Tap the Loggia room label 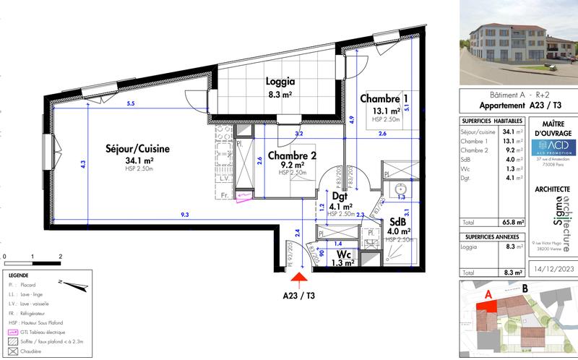click(x=280, y=82)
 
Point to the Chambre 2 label click(x=292, y=155)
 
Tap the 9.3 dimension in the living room click(x=185, y=215)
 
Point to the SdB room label click(x=397, y=221)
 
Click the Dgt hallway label click(x=341, y=195)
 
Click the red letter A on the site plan click(x=488, y=294)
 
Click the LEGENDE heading click(x=19, y=276)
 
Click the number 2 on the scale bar click(x=60, y=257)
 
